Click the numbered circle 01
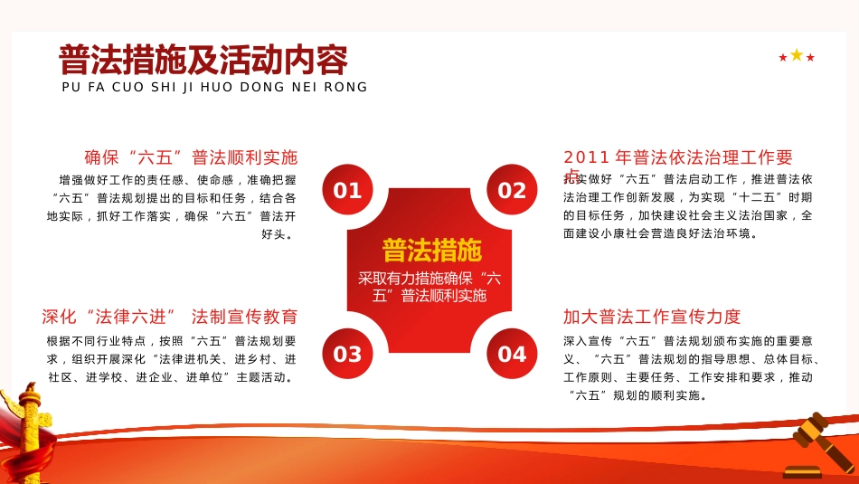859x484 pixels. (x=347, y=190)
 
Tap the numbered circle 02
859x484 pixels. (x=512, y=190)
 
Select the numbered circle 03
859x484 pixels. (x=347, y=354)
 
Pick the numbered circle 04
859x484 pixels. (x=512, y=354)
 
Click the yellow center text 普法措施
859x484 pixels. (x=431, y=250)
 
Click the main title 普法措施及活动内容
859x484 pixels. (x=203, y=61)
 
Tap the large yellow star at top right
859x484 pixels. (x=797, y=55)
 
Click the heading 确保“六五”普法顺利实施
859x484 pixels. (x=191, y=157)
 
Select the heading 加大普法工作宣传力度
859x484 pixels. (x=652, y=317)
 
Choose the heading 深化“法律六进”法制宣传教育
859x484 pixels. (x=170, y=317)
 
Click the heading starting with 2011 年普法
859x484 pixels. (x=677, y=157)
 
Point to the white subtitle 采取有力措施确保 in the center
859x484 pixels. (x=429, y=286)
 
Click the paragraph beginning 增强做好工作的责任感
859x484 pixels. (x=172, y=207)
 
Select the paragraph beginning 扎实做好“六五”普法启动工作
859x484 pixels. (x=688, y=206)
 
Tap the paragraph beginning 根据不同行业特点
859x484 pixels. (x=172, y=359)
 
